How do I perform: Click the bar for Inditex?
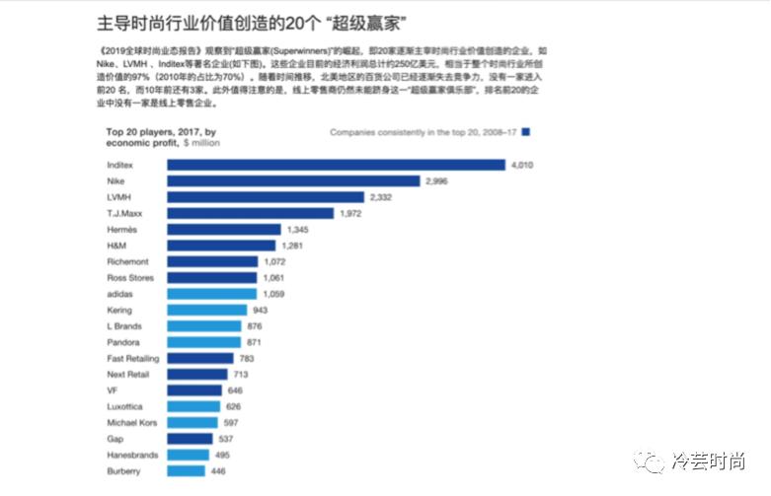[x=336, y=166]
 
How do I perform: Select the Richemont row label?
[x=128, y=261]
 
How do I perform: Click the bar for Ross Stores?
[x=211, y=277]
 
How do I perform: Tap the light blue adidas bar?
[x=211, y=294]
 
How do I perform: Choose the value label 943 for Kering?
[x=263, y=310]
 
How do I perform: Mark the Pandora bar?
[x=203, y=341]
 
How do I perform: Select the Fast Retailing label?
[x=132, y=358]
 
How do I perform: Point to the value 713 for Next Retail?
[x=242, y=374]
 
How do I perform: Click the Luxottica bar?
[x=193, y=406]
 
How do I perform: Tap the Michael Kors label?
[x=132, y=422]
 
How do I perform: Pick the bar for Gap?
[x=190, y=438]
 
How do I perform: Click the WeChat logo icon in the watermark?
[x=650, y=460]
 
